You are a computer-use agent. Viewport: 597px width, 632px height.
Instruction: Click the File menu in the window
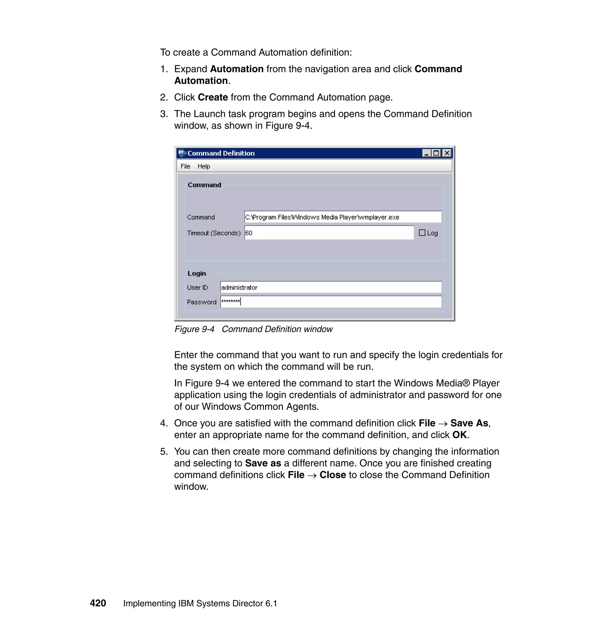click(x=185, y=166)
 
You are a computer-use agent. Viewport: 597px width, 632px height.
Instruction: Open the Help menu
click(x=204, y=166)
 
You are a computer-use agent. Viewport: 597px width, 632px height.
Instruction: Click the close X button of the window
click(x=447, y=153)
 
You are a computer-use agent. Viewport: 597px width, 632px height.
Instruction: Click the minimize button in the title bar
click(x=426, y=153)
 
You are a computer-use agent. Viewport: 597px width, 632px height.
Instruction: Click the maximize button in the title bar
click(x=436, y=153)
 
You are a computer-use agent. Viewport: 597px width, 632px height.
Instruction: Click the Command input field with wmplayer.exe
click(x=343, y=217)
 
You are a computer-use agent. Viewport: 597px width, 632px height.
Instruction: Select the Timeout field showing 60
click(x=329, y=233)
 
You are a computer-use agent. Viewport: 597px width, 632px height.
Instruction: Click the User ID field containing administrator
click(x=330, y=287)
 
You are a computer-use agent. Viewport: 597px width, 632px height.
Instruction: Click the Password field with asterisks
click(x=330, y=302)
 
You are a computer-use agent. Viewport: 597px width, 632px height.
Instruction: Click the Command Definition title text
click(x=221, y=153)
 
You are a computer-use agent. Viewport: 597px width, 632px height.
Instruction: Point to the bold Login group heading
click(x=197, y=273)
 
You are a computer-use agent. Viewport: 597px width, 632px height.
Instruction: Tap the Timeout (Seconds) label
click(x=214, y=233)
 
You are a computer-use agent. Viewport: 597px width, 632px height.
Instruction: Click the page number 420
click(x=98, y=603)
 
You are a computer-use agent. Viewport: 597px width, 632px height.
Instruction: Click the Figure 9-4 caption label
click(x=194, y=329)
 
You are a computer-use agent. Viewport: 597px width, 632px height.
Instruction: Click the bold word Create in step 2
click(x=213, y=97)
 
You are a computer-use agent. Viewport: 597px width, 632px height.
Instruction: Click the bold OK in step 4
click(x=459, y=435)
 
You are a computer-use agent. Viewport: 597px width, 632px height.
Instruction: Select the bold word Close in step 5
click(x=333, y=475)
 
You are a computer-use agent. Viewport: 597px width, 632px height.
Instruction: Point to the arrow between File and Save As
click(x=443, y=424)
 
